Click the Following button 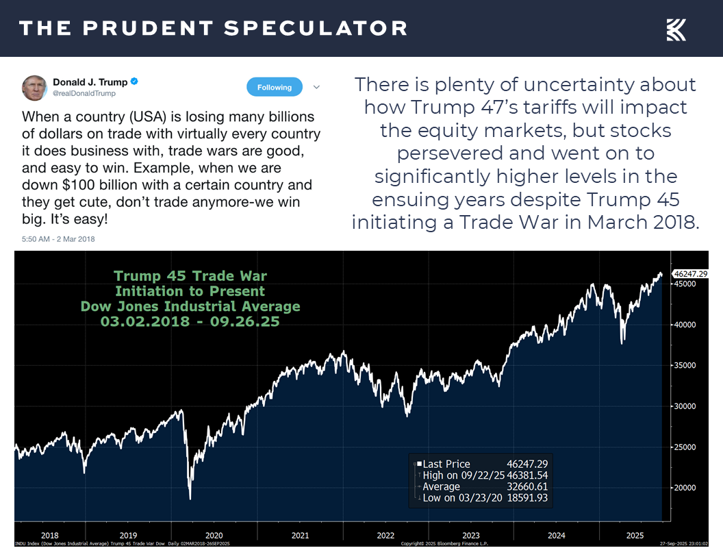click(x=275, y=87)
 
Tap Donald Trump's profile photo click(x=34, y=88)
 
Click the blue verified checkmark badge click(x=135, y=82)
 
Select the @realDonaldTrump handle click(x=84, y=93)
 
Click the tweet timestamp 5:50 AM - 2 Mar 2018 click(x=58, y=239)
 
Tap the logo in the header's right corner click(x=676, y=29)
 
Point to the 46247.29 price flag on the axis click(x=690, y=273)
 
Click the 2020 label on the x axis click(x=214, y=536)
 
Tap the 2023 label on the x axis click(x=471, y=536)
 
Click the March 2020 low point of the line click(x=190, y=498)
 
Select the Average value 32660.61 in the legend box click(x=527, y=486)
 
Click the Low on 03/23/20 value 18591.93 click(x=527, y=498)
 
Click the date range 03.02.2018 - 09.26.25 click(x=190, y=321)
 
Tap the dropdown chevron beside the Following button click(x=316, y=87)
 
